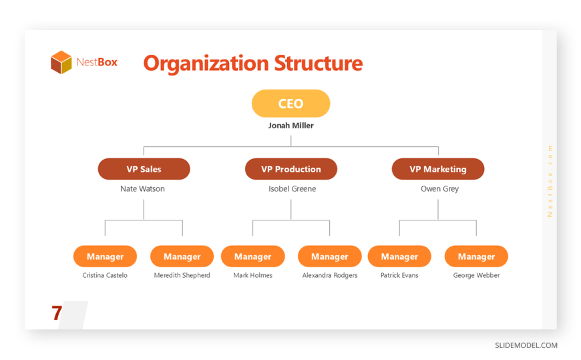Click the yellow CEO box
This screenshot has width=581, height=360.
[x=291, y=104]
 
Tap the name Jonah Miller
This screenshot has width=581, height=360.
[x=291, y=126]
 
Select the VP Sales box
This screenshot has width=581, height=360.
[x=144, y=169]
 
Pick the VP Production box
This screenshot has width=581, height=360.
[x=291, y=169]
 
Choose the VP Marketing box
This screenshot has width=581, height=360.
[x=438, y=169]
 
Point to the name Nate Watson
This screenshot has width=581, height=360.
[x=142, y=189]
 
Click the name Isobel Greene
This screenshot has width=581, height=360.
[x=293, y=189]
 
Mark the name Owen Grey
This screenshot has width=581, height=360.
[x=440, y=189]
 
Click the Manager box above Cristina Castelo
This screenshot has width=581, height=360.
[x=106, y=256]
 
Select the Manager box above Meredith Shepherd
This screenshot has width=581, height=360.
[x=182, y=256]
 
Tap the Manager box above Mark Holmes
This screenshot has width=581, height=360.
[x=252, y=256]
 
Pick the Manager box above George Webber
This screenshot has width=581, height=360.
[x=476, y=256]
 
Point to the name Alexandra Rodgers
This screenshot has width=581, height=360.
[x=330, y=275]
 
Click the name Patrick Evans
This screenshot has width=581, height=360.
[x=399, y=275]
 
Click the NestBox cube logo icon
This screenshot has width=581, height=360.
[x=61, y=62]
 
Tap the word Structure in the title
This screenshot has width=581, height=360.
[x=319, y=63]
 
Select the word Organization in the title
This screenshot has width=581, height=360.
[x=206, y=63]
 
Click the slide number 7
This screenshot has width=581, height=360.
[x=57, y=313]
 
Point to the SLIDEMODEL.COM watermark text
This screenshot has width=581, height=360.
[x=526, y=345]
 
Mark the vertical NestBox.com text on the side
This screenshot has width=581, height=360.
[x=550, y=181]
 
